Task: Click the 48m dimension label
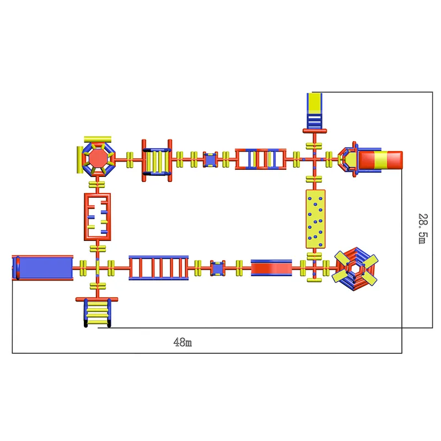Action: [x=182, y=342]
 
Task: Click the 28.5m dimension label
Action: [x=423, y=229]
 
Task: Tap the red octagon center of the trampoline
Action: [x=98, y=159]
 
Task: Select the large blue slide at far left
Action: [x=42, y=268]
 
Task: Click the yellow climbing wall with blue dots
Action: [x=315, y=219]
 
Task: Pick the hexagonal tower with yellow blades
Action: [x=355, y=269]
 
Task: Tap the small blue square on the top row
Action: [x=210, y=159]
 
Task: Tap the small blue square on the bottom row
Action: [x=218, y=268]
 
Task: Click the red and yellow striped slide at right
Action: [x=380, y=160]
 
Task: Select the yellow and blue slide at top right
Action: [x=314, y=111]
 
